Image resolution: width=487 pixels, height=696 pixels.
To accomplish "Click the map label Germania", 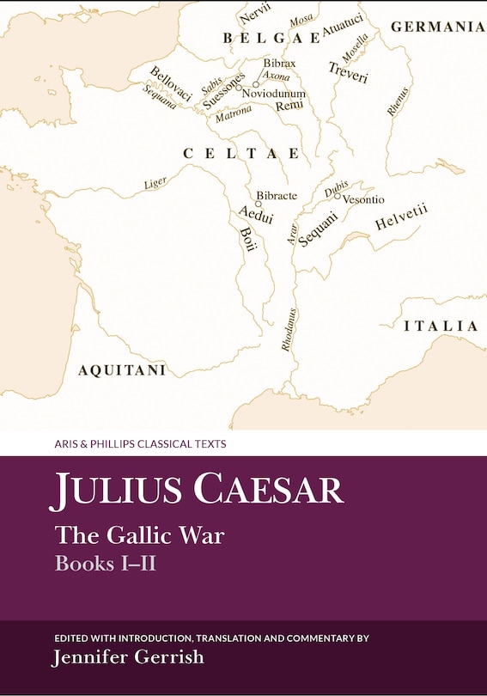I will [438, 27].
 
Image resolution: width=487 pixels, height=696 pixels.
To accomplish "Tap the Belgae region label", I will [271, 38].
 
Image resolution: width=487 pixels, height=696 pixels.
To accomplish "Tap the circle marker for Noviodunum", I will [255, 84].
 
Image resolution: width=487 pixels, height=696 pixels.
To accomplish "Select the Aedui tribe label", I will [255, 214].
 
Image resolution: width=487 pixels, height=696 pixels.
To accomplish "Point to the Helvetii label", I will [401, 217].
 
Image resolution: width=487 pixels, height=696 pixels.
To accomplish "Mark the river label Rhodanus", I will [286, 330].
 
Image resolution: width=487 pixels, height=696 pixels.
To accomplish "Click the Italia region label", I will [441, 327].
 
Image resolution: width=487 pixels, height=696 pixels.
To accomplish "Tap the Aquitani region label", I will [121, 370].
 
